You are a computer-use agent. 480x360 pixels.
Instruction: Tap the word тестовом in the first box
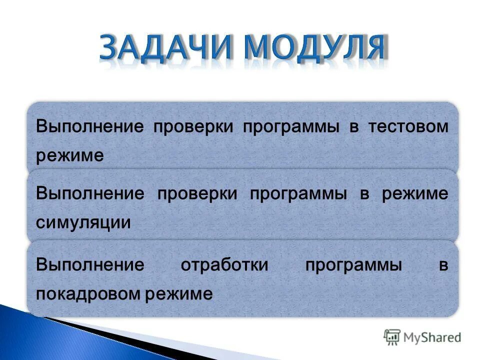[408, 126]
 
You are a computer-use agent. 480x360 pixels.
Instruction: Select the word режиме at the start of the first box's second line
[69, 155]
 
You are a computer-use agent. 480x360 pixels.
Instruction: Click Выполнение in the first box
[89, 126]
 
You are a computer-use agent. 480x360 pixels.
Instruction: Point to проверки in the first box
[193, 127]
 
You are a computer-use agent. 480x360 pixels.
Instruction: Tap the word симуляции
[83, 222]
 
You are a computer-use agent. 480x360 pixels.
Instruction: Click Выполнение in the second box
[89, 193]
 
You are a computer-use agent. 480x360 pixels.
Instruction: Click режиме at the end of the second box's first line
[415, 194]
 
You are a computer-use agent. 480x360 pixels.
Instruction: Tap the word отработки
[224, 265]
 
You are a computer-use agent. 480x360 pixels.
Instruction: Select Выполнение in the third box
[89, 265]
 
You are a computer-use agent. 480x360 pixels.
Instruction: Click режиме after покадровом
[179, 294]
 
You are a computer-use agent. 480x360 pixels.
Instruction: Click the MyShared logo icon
[392, 336]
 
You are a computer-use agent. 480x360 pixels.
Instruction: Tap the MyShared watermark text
[432, 337]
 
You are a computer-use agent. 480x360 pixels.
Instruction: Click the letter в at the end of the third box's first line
[444, 265]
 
